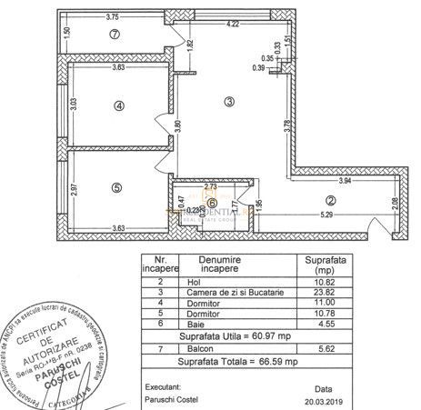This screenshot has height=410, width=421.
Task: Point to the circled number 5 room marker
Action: (x=116, y=188)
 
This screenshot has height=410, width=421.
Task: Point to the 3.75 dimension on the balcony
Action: (x=113, y=16)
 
